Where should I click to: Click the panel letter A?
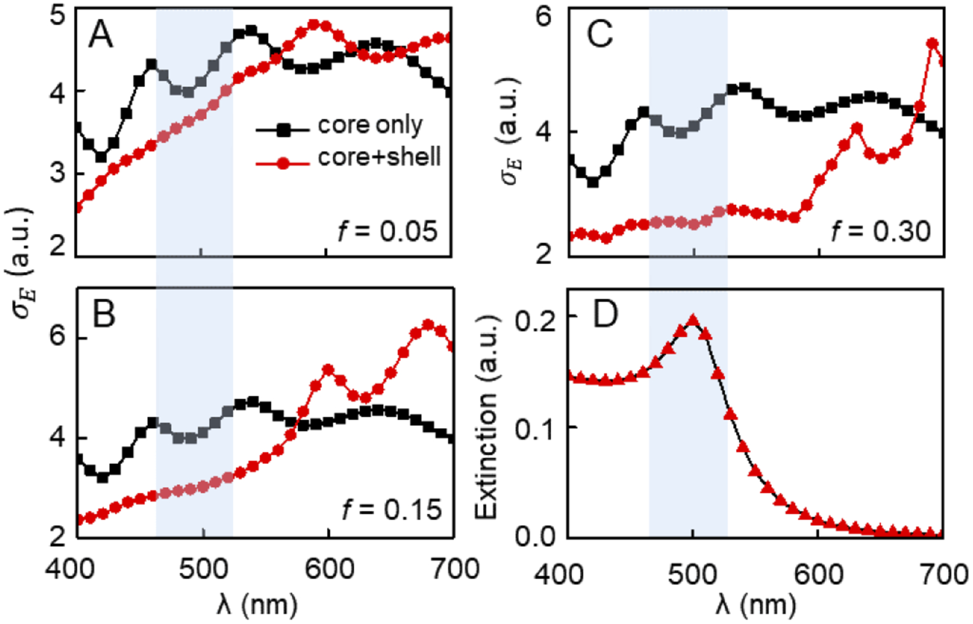coord(101,35)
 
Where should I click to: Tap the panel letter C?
coord(600,35)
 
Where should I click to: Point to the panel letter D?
coord(606,315)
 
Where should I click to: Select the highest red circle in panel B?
coord(428,324)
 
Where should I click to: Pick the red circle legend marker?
coord(283,164)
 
